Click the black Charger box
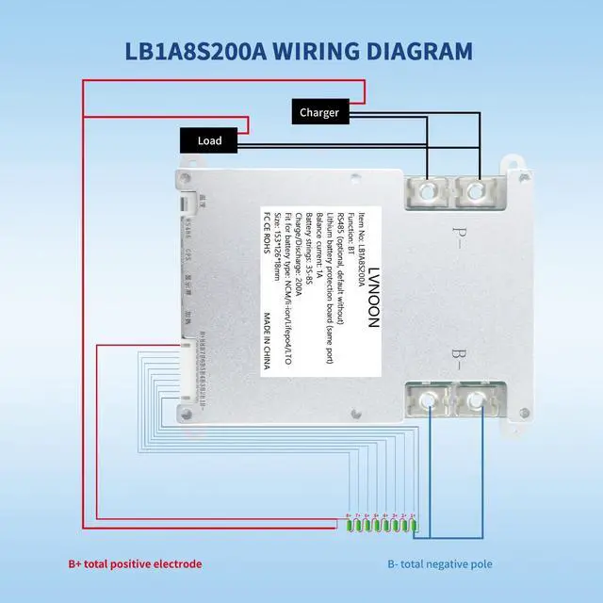coord(319,113)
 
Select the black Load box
coord(209,140)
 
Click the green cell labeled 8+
coord(349,525)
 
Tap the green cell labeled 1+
coord(413,525)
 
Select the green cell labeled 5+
coord(376,525)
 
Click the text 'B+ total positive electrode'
coord(135,564)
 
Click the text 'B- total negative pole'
coord(440,564)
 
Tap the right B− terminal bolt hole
coord(477,399)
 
